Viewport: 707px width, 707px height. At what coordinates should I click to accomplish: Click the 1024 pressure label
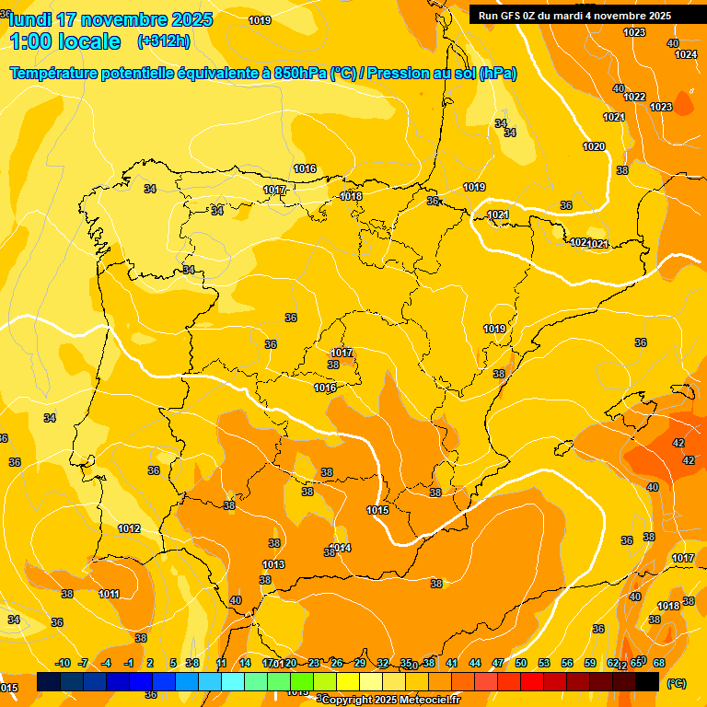coord(686,54)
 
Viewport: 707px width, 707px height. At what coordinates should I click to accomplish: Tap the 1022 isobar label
coord(634,97)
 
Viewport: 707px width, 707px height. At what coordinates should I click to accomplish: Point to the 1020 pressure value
coord(594,146)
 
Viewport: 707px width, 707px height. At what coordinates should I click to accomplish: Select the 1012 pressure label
coord(129,528)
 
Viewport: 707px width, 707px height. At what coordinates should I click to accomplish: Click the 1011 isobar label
coord(109,594)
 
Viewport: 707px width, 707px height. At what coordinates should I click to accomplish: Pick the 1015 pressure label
coord(377,510)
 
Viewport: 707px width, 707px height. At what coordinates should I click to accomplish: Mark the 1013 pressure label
coord(273,564)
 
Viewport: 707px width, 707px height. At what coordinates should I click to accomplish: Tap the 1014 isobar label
coord(342,548)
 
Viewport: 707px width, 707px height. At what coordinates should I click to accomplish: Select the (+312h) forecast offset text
coord(163,41)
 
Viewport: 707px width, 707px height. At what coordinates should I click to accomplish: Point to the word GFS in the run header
coord(508,15)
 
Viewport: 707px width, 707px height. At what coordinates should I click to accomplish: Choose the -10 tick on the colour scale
coord(63,663)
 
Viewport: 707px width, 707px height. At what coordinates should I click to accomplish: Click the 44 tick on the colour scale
coord(475,663)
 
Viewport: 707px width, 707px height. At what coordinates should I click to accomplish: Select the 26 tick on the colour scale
coord(337,663)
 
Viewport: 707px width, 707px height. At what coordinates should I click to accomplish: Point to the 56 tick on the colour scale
coord(567,663)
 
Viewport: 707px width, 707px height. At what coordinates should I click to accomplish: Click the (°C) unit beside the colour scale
coord(676,683)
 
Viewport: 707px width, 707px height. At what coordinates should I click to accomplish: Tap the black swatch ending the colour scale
coord(647,682)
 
